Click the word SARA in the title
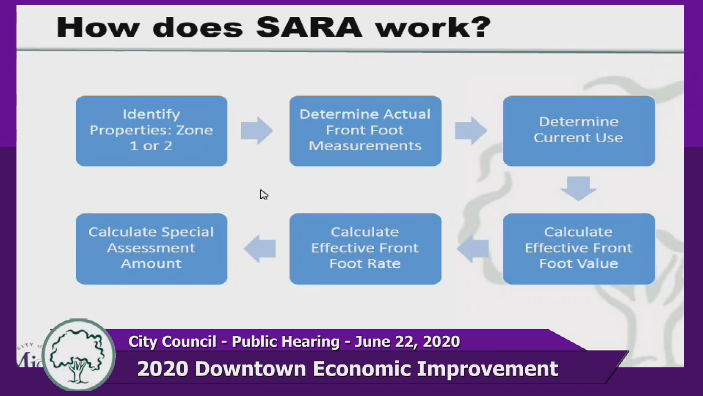tap(309, 27)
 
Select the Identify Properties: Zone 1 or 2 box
tap(152, 131)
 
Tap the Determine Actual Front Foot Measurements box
tap(365, 131)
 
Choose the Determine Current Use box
tap(579, 131)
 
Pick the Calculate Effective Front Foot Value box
tap(579, 249)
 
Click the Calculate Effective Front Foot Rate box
tap(365, 249)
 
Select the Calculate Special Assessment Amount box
tap(152, 249)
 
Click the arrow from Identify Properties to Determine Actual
tap(257, 131)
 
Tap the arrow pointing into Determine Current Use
tap(471, 131)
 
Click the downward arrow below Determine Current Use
tap(579, 188)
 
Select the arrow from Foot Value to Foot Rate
tap(473, 249)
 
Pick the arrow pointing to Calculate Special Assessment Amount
tap(260, 249)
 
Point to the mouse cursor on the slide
tap(264, 194)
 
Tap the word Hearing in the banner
tap(314, 342)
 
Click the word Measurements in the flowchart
tap(365, 146)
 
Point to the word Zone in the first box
tap(194, 130)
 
